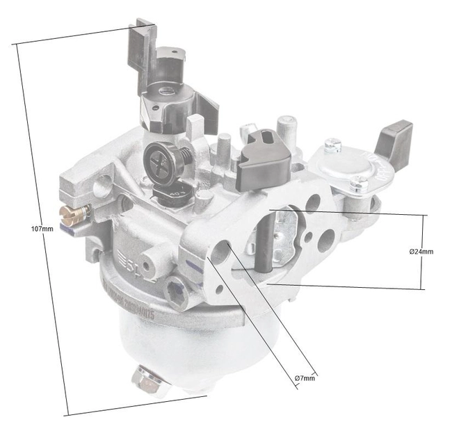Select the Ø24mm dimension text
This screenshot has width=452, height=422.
[421, 251]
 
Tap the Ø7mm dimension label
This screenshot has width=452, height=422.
[305, 378]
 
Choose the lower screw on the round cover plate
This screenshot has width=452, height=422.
[360, 184]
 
